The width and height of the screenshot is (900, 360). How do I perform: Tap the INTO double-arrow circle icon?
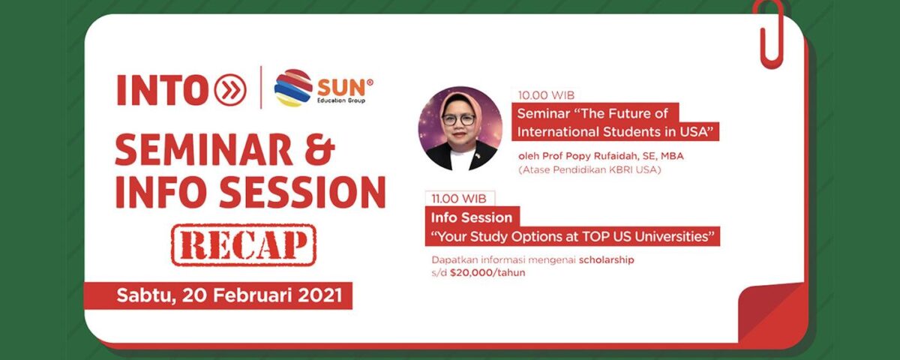pos(229,90)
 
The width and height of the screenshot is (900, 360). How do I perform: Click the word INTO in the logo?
pos(162,91)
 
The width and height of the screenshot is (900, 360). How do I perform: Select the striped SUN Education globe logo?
pos(293,88)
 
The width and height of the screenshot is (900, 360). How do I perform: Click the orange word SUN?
pos(343,88)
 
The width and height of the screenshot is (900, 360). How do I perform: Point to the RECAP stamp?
pos(244,245)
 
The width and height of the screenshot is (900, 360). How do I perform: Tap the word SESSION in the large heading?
pos(302,192)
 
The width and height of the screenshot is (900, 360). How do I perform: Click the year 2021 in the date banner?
pos(319,295)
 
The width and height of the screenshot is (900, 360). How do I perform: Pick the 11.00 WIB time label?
pos(458,199)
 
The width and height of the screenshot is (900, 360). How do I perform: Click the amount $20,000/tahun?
pos(487,273)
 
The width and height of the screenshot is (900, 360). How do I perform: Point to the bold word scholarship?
pos(606,260)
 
